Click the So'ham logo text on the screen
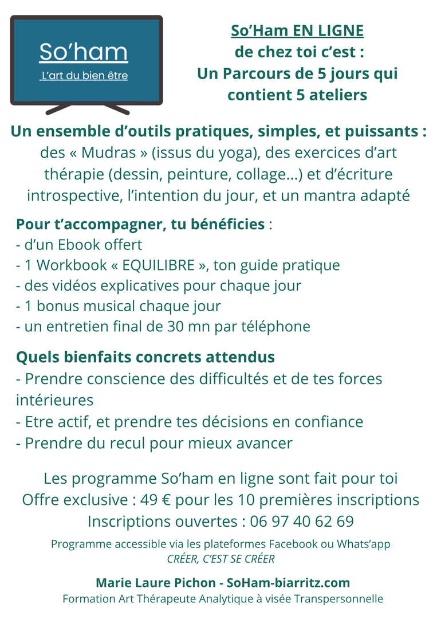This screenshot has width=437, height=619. (84, 53)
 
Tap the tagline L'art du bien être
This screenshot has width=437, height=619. (84, 76)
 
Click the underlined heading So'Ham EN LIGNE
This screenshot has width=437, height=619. (297, 30)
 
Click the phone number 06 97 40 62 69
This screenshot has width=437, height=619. (301, 522)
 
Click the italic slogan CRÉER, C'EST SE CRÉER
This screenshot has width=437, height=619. (221, 559)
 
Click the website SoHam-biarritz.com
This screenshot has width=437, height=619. (288, 583)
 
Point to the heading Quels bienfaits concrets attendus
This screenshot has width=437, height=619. (145, 357)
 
